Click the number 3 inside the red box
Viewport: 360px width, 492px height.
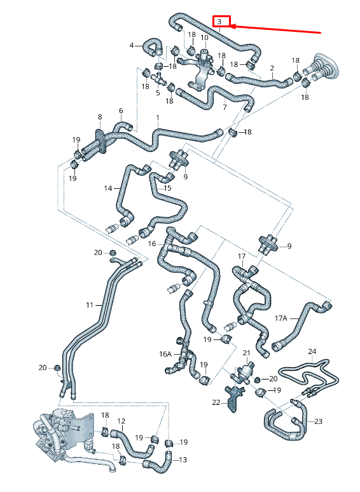[219, 22]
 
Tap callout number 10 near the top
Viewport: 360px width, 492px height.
[204, 38]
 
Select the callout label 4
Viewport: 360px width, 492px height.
[132, 45]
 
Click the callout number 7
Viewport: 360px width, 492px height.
[225, 107]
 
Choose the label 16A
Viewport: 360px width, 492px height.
[165, 354]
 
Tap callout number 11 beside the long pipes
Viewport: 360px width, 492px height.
[90, 306]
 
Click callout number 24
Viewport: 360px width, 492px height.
[312, 351]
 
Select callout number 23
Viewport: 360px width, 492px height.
[319, 421]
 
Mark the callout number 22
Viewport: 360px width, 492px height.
[216, 402]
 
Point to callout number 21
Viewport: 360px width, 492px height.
[246, 352]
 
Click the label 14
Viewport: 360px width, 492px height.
[108, 188]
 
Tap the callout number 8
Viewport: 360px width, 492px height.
[99, 117]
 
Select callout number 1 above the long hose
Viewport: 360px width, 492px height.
[158, 118]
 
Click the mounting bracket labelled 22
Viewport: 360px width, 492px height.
[235, 399]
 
